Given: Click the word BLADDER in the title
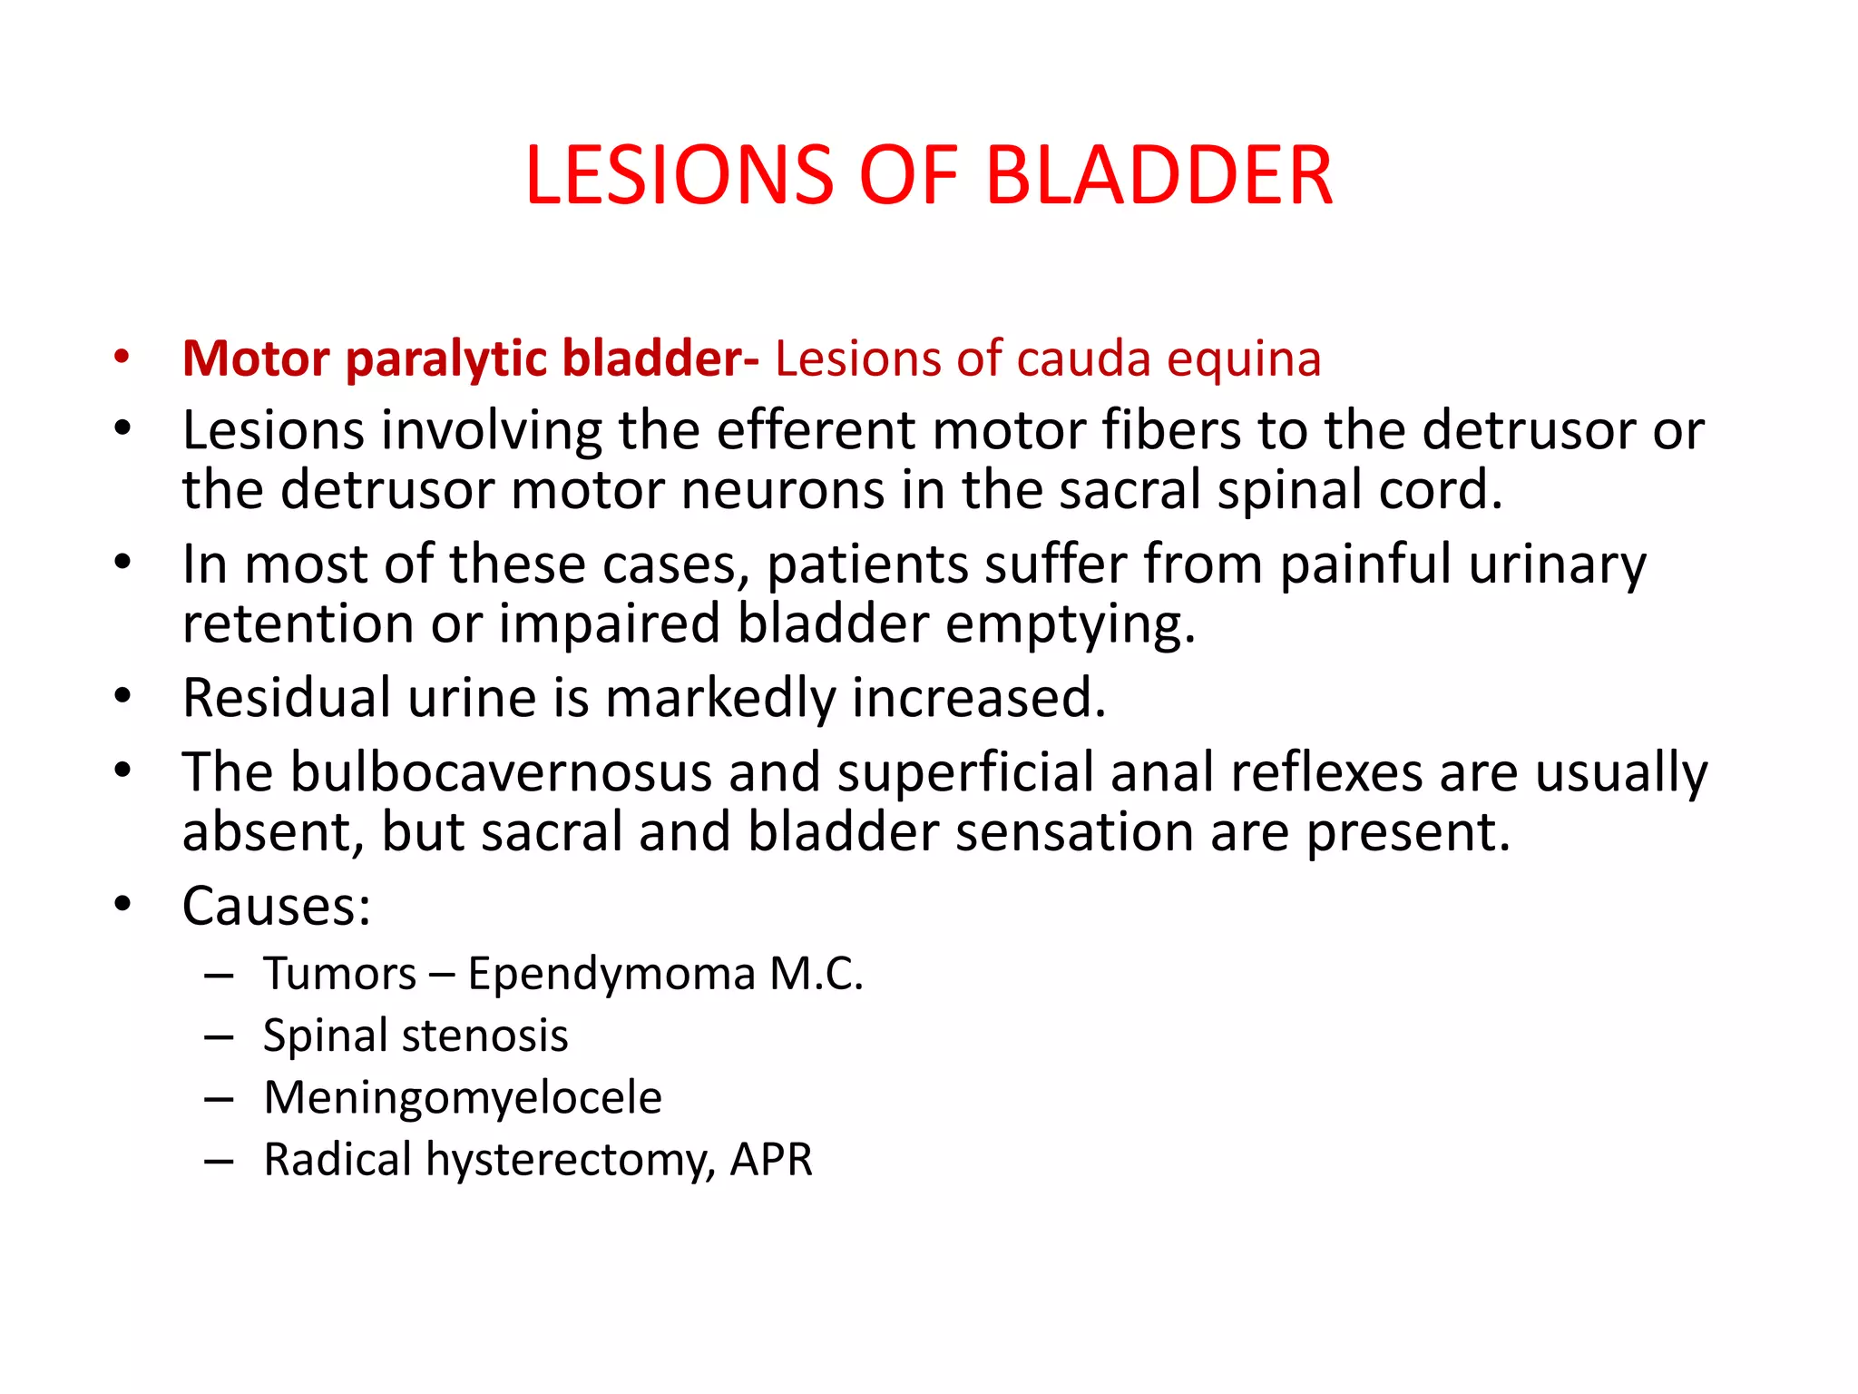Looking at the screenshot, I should point(1159,175).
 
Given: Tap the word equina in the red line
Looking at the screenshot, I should point(1244,359).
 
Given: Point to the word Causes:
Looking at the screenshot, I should point(277,906).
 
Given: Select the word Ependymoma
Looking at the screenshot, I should point(611,975).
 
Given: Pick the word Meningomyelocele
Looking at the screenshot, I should point(463,1098).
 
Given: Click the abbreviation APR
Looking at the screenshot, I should point(771,1159).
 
